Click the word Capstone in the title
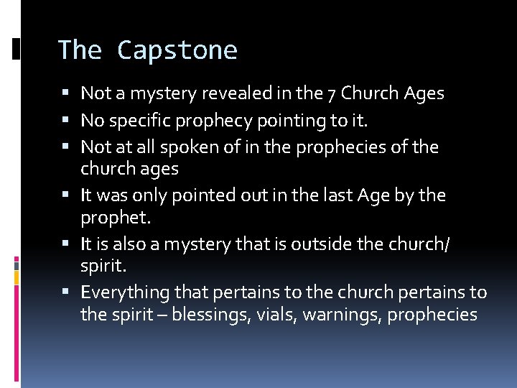click(x=177, y=50)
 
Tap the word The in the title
click(x=79, y=50)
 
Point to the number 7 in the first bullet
click(x=332, y=93)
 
